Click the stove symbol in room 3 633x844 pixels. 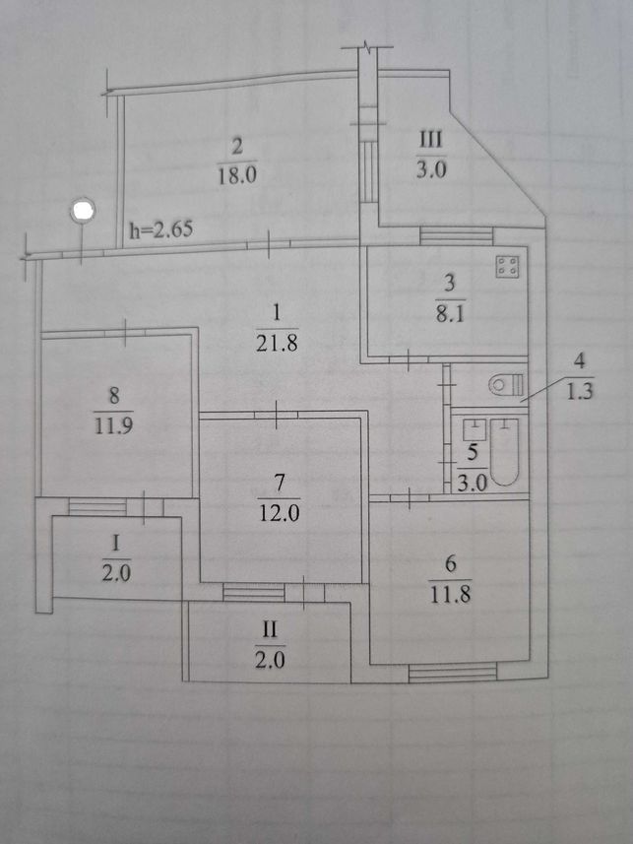[508, 266]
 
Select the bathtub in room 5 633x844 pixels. [505, 451]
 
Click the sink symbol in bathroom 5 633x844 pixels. [475, 428]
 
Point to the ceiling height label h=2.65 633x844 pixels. [160, 229]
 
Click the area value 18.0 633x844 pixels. [237, 175]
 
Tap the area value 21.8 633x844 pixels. [277, 343]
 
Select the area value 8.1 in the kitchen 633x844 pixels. [450, 314]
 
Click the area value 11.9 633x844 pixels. [113, 425]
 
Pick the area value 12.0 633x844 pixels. [279, 512]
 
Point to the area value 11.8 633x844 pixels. [451, 594]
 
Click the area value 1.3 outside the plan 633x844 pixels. [580, 390]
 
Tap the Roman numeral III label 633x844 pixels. [430, 140]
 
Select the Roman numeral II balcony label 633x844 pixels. [269, 629]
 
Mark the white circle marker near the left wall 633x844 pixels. [83, 210]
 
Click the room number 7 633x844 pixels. [279, 484]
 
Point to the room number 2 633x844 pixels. [237, 147]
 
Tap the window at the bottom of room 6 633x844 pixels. [452, 673]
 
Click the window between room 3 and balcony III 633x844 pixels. [457, 235]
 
